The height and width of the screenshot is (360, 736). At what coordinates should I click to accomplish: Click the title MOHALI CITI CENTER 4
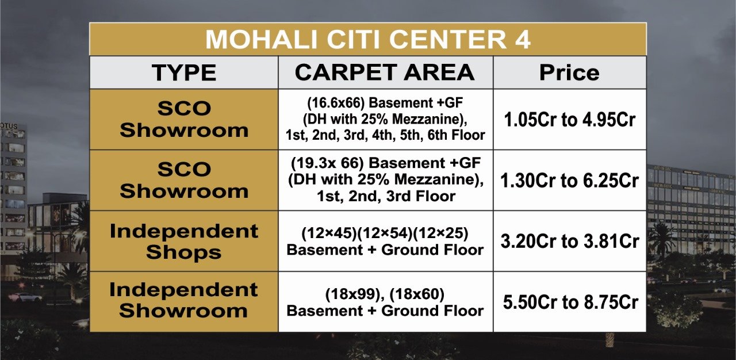coord(367,40)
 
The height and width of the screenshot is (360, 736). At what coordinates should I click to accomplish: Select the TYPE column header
coord(184,72)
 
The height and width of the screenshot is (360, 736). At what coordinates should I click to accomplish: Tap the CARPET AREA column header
coord(385,72)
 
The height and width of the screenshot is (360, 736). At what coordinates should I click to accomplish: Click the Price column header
coord(569,72)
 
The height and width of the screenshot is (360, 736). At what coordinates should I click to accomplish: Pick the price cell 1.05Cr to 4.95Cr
coord(569,120)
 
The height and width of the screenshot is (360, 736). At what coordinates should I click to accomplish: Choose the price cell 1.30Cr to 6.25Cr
coord(569,181)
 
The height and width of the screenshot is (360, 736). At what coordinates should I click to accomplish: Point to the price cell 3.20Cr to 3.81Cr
coord(569,241)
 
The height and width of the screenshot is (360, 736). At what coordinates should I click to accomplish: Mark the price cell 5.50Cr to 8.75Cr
coord(569,302)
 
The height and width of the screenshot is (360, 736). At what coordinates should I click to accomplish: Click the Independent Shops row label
coord(184,242)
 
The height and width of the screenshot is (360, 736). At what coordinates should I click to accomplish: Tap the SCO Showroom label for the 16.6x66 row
coord(184,119)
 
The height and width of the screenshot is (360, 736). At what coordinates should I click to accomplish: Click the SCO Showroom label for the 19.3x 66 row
coord(184,180)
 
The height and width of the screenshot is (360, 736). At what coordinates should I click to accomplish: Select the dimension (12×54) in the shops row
coord(385,235)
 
